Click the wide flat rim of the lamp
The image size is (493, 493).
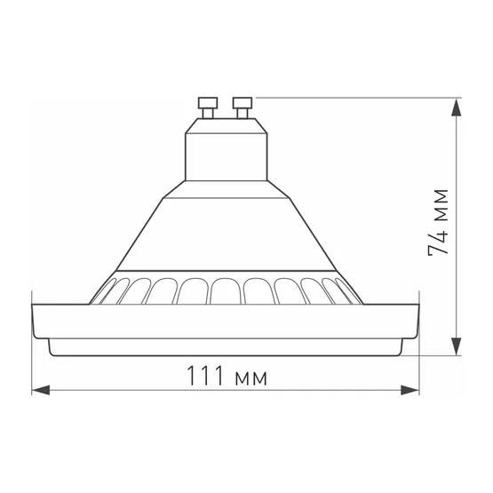tap(225, 322)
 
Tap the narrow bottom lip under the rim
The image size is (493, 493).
tap(225, 348)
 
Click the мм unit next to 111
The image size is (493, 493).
tap(252, 377)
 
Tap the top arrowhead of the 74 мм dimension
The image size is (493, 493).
tap(456, 104)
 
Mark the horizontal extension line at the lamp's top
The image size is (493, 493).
tap(355, 95)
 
